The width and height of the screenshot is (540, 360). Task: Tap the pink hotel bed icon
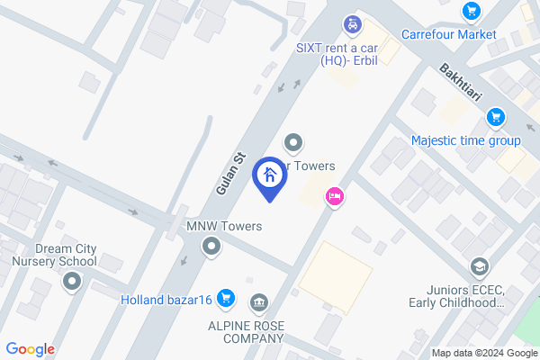334,196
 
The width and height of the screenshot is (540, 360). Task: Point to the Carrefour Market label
448,35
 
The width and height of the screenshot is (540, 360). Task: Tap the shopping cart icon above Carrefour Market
470,11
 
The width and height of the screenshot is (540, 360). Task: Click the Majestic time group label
465,140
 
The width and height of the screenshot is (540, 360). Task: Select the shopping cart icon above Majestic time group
494,117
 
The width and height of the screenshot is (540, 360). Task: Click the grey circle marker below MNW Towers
211,246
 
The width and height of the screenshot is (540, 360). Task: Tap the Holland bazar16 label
166,300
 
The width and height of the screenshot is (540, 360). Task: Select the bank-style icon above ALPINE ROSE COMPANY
258,301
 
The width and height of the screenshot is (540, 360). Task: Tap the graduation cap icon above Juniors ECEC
479,266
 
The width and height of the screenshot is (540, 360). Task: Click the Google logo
30,349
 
